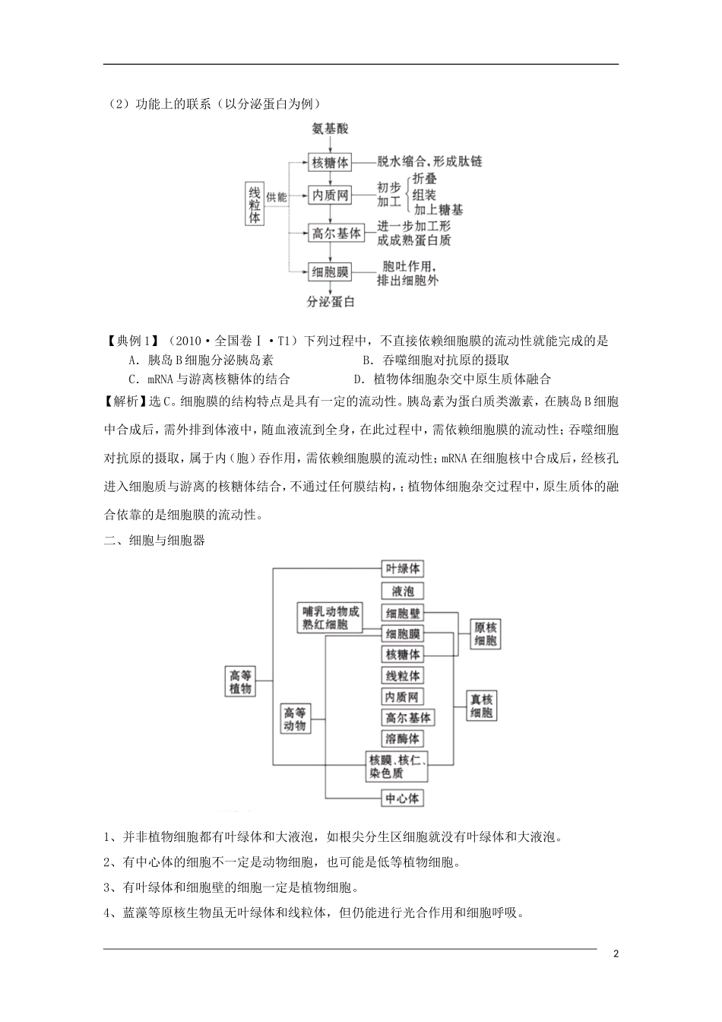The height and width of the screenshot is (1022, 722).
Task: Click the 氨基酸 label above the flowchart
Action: pos(330,129)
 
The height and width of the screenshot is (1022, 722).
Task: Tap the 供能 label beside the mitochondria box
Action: pos(277,197)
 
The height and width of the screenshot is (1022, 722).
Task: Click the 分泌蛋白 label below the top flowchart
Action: pos(331,302)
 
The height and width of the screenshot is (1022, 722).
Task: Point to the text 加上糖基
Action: pos(439,209)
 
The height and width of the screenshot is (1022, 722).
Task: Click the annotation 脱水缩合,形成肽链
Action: pos(429,162)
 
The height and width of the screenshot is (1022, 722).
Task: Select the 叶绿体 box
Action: pos(403,569)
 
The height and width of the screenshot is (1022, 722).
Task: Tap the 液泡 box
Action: pos(403,591)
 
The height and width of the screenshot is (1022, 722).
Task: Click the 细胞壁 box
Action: pos(403,613)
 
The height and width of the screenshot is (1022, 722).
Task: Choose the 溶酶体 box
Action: pos(403,738)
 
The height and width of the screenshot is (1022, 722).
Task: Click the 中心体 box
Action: pos(403,798)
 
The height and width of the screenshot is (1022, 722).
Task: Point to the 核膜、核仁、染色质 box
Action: pos(397,766)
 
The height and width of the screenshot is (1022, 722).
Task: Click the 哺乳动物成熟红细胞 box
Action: pos(330,617)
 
